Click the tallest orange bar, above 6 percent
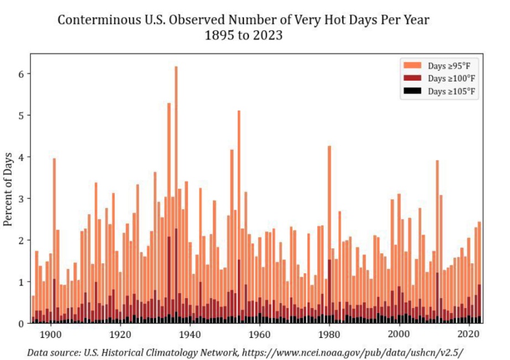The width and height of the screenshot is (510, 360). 176,166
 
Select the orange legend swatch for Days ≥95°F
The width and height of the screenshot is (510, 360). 413,65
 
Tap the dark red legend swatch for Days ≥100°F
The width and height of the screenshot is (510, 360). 413,78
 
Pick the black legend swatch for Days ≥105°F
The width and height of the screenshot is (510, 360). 413,91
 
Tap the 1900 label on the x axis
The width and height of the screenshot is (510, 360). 50,334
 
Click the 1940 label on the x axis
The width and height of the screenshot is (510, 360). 190,334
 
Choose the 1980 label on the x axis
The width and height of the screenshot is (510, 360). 329,334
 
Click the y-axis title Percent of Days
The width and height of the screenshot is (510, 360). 8,188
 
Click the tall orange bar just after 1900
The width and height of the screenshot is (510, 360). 54,221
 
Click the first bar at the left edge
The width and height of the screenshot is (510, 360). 33,310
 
